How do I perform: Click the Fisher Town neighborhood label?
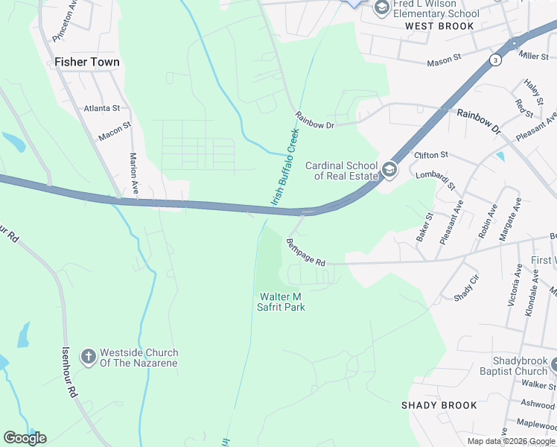tap(87, 63)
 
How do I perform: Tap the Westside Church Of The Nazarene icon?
tap(88, 357)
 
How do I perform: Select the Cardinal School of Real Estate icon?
tap(389, 171)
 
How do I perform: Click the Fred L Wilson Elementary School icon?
tap(382, 8)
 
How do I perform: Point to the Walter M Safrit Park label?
tap(282, 302)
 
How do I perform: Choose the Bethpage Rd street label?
tap(305, 253)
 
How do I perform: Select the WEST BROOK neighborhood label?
tap(439, 26)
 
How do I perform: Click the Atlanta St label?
tap(101, 108)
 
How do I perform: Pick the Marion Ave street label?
tap(134, 171)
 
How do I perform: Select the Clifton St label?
tap(431, 155)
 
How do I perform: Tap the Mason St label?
tap(445, 60)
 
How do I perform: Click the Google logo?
tap(25, 438)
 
